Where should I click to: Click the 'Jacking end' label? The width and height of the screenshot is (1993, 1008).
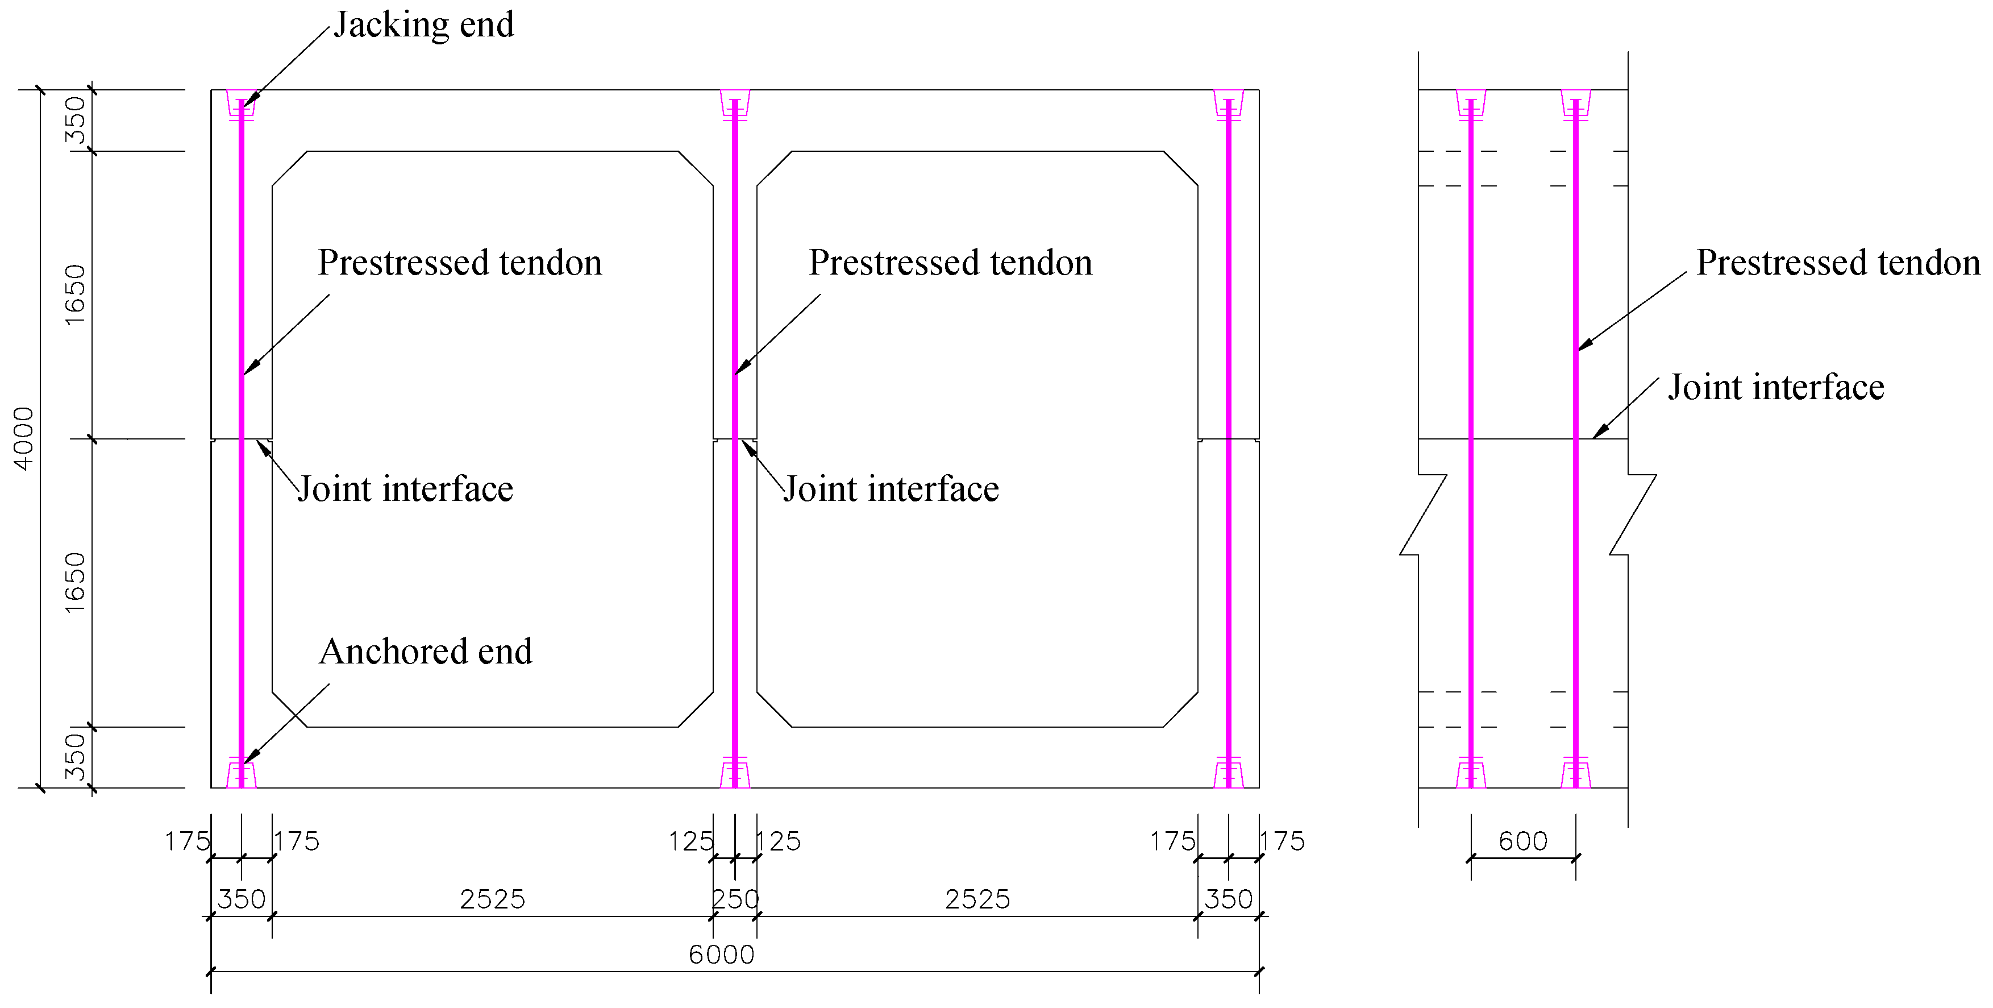point(423,25)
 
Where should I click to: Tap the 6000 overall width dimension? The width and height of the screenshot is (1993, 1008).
point(721,955)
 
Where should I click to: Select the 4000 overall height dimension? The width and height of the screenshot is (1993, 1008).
point(25,438)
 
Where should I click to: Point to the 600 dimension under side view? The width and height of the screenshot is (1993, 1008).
point(1522,841)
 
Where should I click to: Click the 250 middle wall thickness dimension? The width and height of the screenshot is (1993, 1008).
point(735,899)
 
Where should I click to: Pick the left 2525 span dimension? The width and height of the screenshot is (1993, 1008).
point(492,899)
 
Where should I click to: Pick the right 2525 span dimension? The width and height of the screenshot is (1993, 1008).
point(977,899)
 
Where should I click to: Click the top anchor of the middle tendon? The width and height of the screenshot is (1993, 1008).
point(735,105)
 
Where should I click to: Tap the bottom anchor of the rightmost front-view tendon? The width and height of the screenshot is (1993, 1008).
point(1229,773)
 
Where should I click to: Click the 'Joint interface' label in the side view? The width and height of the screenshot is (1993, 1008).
point(1775,388)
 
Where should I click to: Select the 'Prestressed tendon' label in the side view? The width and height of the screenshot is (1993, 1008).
point(1837,263)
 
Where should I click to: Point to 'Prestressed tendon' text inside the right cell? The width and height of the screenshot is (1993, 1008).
point(950,263)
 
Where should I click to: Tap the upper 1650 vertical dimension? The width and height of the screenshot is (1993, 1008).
point(75,295)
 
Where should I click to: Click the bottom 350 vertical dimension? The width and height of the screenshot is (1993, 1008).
point(75,757)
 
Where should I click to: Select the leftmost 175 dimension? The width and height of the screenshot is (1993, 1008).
point(186,841)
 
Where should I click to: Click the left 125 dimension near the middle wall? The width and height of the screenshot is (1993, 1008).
point(690,841)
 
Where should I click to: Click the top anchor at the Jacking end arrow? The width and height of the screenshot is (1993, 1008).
point(242,105)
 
